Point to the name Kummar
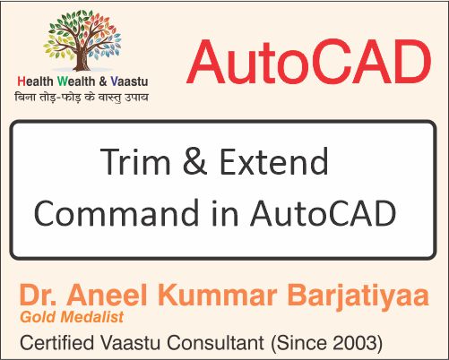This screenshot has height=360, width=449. (x=208, y=296)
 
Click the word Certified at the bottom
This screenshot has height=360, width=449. (x=57, y=342)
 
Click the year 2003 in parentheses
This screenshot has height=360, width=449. (x=356, y=342)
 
